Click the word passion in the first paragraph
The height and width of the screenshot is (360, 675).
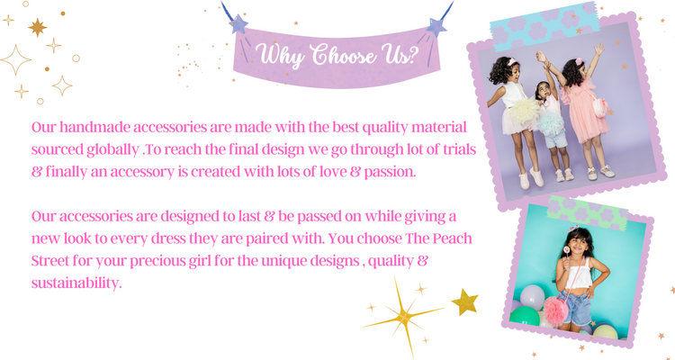coord(390,173)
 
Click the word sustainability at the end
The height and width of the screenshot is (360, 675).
coord(76,283)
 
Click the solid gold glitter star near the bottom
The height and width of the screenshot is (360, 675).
coord(465,301)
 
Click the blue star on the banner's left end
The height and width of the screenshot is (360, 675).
coord(238,24)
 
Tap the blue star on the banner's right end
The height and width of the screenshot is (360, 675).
coord(436,27)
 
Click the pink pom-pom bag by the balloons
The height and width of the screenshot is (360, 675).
coord(555,310)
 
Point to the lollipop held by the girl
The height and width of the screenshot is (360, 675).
coord(567,250)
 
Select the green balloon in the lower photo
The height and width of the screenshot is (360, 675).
coord(525,316)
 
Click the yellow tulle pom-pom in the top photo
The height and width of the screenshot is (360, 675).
coord(526,110)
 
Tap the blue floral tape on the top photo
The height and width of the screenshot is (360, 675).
coord(544,27)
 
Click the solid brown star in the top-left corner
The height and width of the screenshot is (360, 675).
coord(38,27)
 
